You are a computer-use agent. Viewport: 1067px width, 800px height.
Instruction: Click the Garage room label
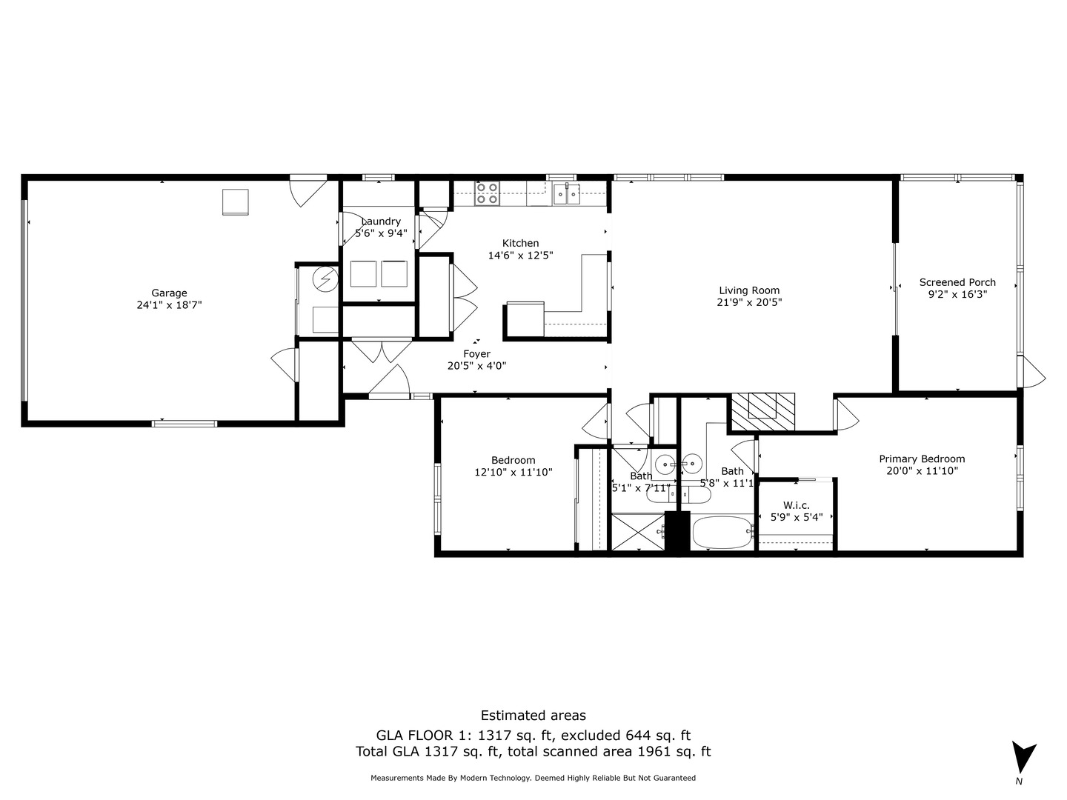pyautogui.click(x=169, y=293)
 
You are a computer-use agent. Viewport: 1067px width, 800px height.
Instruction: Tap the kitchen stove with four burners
pyautogui.click(x=487, y=193)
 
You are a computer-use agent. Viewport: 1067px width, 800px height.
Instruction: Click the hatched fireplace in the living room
pyautogui.click(x=762, y=411)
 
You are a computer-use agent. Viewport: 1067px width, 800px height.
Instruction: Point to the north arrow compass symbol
pyautogui.click(x=1023, y=757)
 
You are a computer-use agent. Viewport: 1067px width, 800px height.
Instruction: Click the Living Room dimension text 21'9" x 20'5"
pyautogui.click(x=749, y=302)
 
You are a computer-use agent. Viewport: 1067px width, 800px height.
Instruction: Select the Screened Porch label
pyautogui.click(x=957, y=282)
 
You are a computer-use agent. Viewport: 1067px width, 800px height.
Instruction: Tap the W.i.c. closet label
pyautogui.click(x=797, y=505)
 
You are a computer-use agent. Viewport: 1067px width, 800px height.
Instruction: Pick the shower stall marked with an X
pyautogui.click(x=637, y=532)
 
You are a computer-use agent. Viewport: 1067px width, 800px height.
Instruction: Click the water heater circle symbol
pyautogui.click(x=324, y=279)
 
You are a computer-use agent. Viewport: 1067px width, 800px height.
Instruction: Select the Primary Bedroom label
pyautogui.click(x=922, y=459)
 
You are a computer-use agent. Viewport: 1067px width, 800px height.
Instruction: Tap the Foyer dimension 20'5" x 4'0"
pyautogui.click(x=476, y=366)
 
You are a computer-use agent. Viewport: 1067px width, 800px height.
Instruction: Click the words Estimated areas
pyautogui.click(x=533, y=716)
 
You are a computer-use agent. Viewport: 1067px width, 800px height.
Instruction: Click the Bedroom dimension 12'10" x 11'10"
pyautogui.click(x=513, y=472)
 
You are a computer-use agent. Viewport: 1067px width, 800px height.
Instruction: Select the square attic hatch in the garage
pyautogui.click(x=236, y=202)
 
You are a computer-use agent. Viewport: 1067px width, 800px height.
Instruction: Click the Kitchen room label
pyautogui.click(x=520, y=243)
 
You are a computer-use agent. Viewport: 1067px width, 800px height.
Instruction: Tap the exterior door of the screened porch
pyautogui.click(x=1032, y=372)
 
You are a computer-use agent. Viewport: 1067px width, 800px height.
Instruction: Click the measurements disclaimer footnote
pyautogui.click(x=533, y=778)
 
